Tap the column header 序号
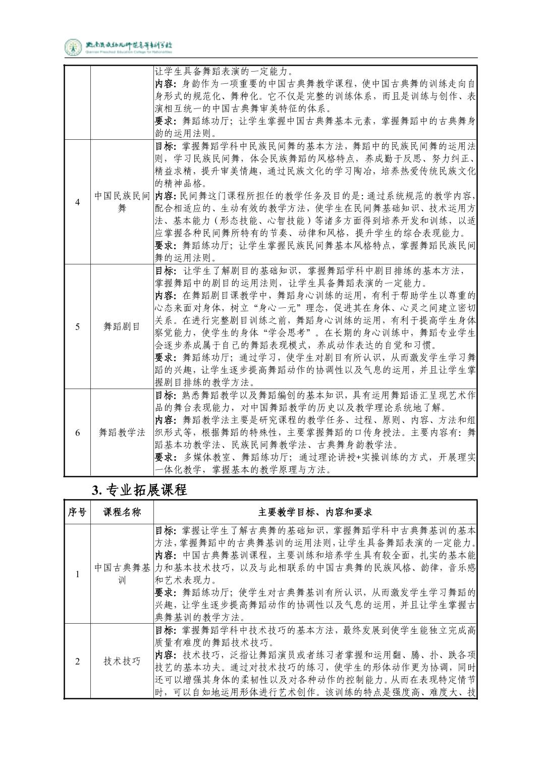[77, 512]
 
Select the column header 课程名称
[122, 512]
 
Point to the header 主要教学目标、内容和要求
[315, 512]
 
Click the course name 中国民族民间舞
[122, 202]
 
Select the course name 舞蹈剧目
[122, 326]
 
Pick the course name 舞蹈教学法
[122, 432]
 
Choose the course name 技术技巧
[122, 661]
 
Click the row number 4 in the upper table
[77, 202]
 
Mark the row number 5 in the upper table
[77, 326]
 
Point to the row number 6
[77, 432]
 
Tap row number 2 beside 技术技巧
[77, 661]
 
